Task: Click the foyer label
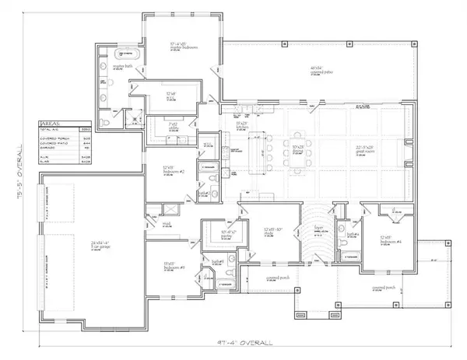[x=318, y=228]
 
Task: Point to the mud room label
[x=167, y=225]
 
